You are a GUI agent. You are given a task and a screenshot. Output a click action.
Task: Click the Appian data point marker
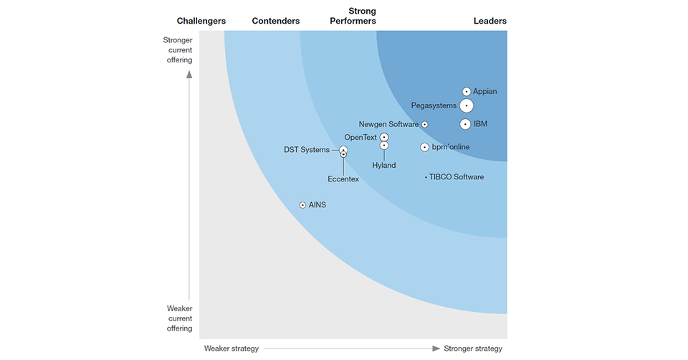pyautogui.click(x=467, y=92)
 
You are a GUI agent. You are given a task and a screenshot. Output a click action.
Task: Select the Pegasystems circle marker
pyautogui.click(x=467, y=106)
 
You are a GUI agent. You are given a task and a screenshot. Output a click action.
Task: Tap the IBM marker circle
pyautogui.click(x=466, y=124)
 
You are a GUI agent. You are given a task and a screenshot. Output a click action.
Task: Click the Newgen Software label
pyautogui.click(x=388, y=124)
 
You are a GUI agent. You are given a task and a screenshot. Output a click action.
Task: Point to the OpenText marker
pyautogui.click(x=384, y=137)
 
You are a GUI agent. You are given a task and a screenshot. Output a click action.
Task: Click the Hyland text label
pyautogui.click(x=384, y=166)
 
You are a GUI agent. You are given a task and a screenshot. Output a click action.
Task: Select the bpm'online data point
pyautogui.click(x=425, y=147)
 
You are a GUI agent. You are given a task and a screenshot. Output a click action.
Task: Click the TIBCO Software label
pyautogui.click(x=457, y=177)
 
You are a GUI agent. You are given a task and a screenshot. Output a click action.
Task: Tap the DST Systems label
pyautogui.click(x=307, y=150)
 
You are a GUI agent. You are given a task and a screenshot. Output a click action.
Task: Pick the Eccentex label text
pyautogui.click(x=343, y=179)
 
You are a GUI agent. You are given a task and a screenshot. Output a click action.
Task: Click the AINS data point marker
pyautogui.click(x=303, y=205)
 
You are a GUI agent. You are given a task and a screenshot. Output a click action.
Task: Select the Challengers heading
pyautogui.click(x=201, y=21)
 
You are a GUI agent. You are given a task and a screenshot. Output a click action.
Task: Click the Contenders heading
pyautogui.click(x=276, y=21)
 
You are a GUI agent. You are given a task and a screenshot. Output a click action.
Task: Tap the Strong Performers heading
pyautogui.click(x=353, y=16)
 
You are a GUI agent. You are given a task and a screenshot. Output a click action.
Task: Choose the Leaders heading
pyautogui.click(x=490, y=21)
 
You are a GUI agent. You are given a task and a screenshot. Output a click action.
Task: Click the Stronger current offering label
pyautogui.click(x=178, y=50)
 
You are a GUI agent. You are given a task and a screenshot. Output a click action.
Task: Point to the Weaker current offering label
pyautogui.click(x=179, y=318)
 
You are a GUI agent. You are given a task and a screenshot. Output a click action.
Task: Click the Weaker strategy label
pyautogui.click(x=231, y=349)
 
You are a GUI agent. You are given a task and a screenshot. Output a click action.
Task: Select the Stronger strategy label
pyautogui.click(x=473, y=349)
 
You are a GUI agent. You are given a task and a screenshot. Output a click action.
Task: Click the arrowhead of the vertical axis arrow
pyautogui.click(x=189, y=72)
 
